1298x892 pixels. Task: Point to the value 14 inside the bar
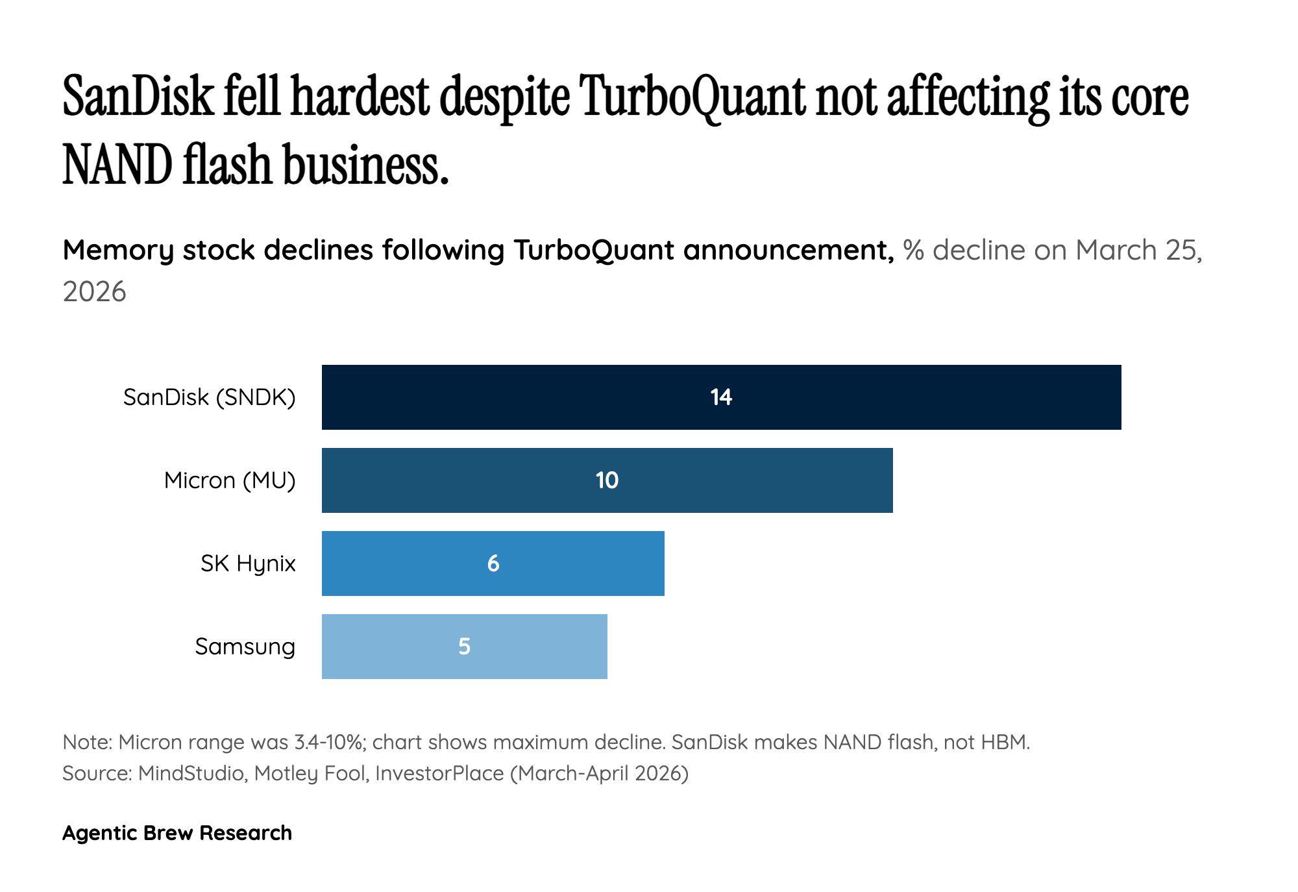tap(721, 397)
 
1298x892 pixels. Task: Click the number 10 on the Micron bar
tap(607, 480)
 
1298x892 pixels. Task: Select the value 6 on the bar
tap(493, 564)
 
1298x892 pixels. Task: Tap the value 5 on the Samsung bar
tap(464, 647)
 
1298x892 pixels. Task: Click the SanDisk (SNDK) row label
tap(209, 397)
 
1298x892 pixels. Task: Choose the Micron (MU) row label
tap(230, 480)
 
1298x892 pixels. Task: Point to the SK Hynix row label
tap(248, 564)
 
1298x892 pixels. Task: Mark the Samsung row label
tap(245, 647)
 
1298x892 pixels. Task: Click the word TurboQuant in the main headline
tap(692, 97)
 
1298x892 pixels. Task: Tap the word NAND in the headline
tap(117, 165)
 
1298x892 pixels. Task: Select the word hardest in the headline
tap(360, 97)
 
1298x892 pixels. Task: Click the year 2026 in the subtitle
tap(94, 292)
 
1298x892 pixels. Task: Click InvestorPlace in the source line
tap(439, 773)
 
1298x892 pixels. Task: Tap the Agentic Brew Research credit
tap(177, 833)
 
